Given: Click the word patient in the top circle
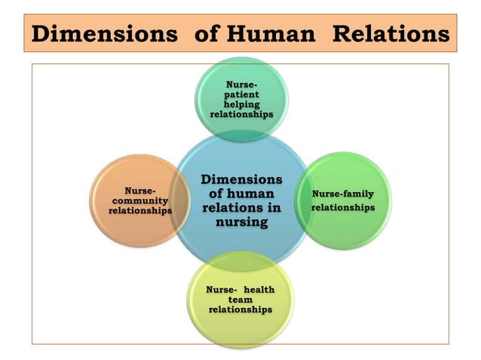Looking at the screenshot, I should (240, 96).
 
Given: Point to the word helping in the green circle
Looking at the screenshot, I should (240, 105).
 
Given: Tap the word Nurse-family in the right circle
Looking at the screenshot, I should (343, 194).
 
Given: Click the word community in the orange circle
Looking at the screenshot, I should (139, 201).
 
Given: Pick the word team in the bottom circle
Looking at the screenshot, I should (240, 300).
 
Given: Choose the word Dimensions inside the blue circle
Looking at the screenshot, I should (241, 179).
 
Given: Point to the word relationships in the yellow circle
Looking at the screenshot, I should (240, 309).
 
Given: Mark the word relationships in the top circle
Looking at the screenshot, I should (240, 114).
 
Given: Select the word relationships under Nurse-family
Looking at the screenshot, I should (343, 207).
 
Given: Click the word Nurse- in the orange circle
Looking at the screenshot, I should (139, 191).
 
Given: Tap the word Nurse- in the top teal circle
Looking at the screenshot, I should (240, 86).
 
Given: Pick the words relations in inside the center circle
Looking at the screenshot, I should (241, 208).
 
